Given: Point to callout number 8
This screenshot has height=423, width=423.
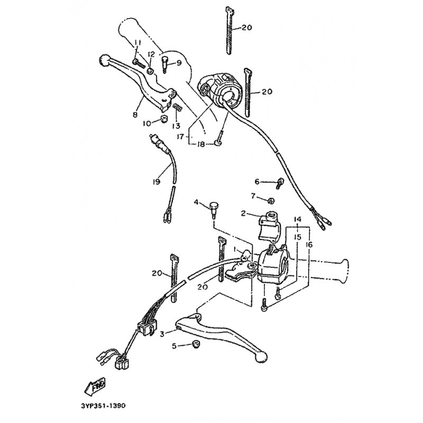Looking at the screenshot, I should (135, 114).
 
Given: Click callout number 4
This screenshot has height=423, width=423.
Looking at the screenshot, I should (196, 203).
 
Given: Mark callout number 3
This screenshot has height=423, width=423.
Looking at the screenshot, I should (162, 334).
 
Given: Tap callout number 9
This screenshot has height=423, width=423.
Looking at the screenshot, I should (178, 63).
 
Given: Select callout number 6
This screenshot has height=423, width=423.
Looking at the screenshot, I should (258, 181).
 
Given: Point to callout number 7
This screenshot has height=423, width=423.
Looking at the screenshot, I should (253, 197).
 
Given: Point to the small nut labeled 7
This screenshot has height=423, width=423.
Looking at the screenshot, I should (270, 200).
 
